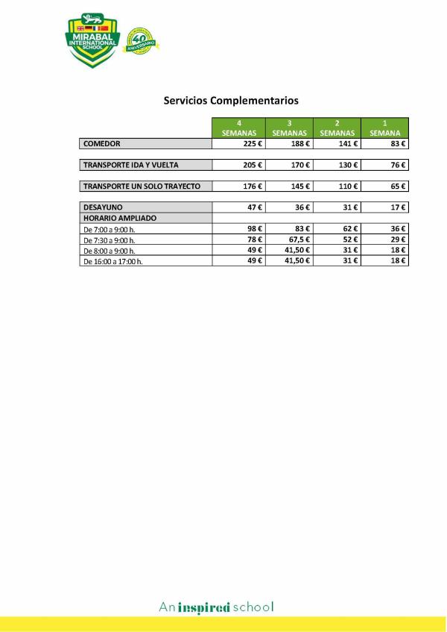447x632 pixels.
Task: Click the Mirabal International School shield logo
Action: click(92, 40)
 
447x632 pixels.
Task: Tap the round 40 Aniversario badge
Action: click(142, 42)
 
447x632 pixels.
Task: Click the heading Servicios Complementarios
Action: click(231, 100)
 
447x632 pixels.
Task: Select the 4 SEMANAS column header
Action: click(239, 128)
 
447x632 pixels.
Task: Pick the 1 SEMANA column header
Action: click(384, 128)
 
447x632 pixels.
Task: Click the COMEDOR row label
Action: click(102, 143)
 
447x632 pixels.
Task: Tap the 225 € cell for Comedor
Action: click(239, 143)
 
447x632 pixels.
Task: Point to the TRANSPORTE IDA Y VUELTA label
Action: click(131, 165)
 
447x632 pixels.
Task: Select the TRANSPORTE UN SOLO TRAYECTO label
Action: click(142, 186)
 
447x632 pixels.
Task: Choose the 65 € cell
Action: click(384, 186)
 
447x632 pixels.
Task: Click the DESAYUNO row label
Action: click(103, 207)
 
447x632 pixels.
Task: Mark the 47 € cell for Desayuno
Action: click(239, 207)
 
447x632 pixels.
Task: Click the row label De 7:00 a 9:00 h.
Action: click(110, 229)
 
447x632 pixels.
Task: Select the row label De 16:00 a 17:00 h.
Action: click(112, 261)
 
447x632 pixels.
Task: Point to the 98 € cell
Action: click(239, 229)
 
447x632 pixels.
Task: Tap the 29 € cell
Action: click(384, 240)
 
